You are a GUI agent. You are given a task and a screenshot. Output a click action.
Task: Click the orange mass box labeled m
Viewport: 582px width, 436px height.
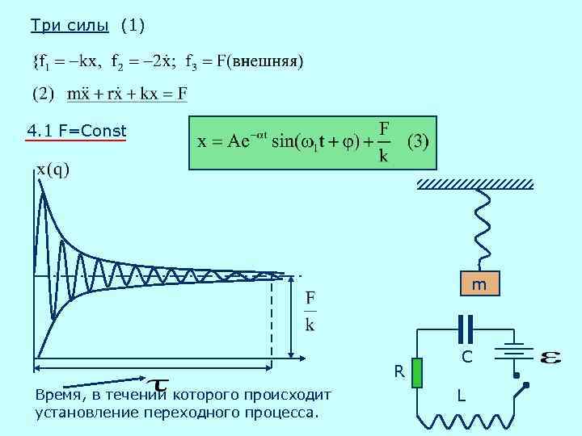479,284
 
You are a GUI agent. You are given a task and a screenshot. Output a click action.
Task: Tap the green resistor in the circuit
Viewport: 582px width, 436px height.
417,372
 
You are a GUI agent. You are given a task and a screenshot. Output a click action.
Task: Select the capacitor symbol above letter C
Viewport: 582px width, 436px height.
466,329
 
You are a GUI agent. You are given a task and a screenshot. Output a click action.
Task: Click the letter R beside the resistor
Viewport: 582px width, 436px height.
399,371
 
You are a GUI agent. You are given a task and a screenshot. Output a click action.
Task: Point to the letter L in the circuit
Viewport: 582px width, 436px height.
461,396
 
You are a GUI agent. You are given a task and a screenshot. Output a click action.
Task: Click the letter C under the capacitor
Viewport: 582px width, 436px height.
466,356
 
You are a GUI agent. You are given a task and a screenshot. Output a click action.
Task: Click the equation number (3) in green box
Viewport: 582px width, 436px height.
418,141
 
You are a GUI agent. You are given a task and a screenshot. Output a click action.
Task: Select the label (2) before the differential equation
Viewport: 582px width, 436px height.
43,94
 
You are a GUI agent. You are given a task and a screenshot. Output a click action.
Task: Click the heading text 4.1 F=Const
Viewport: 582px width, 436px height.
76,130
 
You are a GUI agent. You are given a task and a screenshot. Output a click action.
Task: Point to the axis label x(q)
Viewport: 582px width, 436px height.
53,169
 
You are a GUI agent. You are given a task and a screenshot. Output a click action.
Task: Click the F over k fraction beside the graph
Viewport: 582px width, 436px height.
310,311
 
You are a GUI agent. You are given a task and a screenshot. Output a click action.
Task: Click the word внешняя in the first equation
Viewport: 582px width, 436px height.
264,61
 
